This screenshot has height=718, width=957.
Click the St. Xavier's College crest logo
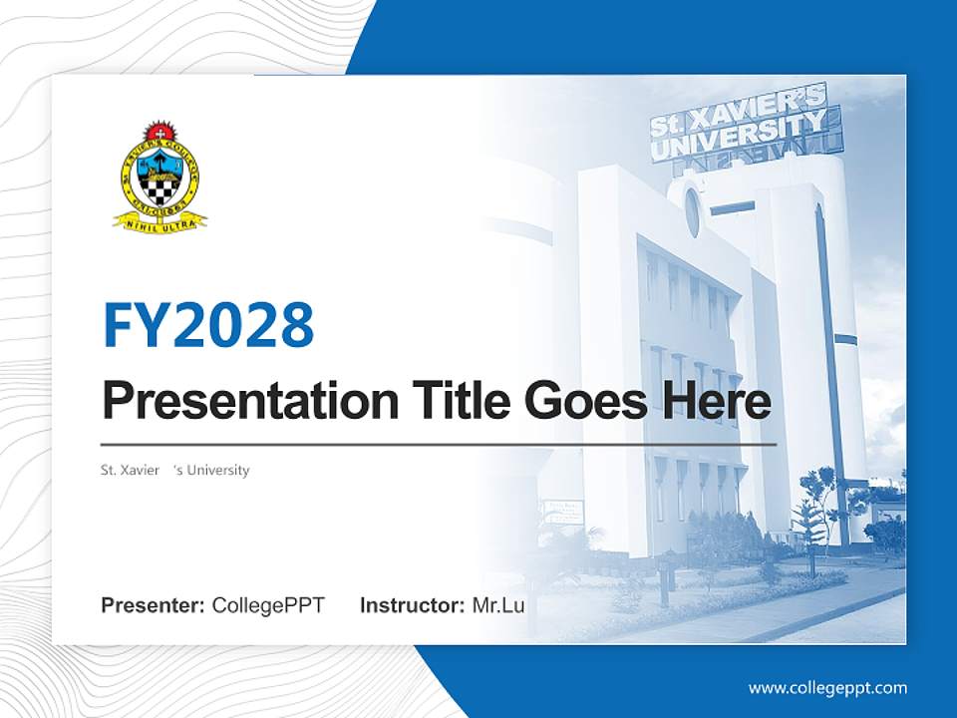159,176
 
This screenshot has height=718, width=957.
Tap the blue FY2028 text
208,325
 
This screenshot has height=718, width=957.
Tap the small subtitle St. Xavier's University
175,470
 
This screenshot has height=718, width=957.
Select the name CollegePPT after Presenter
268,605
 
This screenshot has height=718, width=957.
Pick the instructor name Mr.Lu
498,605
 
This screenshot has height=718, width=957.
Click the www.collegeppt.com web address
827,687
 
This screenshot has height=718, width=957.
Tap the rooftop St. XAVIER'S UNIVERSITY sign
738,123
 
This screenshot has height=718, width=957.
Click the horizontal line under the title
439,444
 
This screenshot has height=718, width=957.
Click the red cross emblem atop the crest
158,131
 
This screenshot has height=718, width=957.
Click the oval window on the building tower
693,211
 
